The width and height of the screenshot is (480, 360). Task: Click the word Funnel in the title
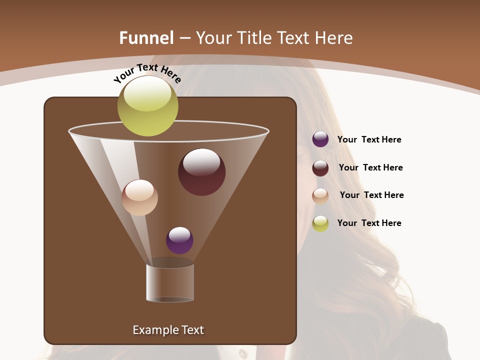tap(146, 38)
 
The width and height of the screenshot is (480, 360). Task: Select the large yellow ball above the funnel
tap(147, 106)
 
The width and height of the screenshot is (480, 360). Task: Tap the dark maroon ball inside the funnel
tap(201, 172)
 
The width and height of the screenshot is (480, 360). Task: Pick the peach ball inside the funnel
tap(139, 197)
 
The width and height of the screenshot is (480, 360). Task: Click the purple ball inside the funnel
tap(179, 240)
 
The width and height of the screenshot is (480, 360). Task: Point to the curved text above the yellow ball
tap(147, 73)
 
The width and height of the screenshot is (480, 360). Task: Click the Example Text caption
tap(168, 330)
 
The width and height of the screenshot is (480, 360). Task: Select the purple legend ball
tap(320, 139)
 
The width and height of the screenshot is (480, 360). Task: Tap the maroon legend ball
tap(320, 168)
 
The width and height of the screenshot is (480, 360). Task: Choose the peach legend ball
tap(320, 196)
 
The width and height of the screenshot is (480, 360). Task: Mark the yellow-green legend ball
tap(320, 223)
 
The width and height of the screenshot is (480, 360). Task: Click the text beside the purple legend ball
tap(369, 139)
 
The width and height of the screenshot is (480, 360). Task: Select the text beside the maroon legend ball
tap(370, 167)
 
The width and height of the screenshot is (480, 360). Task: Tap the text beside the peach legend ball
tap(371, 195)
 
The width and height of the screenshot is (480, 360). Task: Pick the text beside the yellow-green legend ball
tap(369, 223)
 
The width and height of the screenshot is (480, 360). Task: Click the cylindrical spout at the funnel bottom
tap(170, 283)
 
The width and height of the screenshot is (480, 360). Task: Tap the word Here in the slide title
tap(334, 38)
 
